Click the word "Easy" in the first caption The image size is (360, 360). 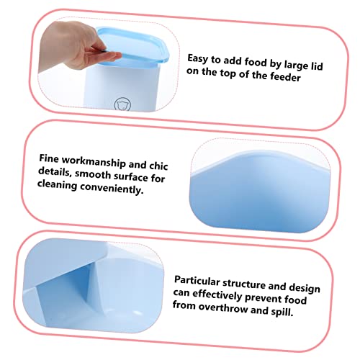point(198,58)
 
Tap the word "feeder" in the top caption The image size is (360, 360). point(286,76)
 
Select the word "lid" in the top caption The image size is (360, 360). point(317,66)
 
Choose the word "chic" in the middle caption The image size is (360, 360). point(158,166)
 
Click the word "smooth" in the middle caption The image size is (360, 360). point(93,174)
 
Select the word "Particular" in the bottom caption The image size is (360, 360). point(197,281)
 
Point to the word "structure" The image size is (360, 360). point(244,284)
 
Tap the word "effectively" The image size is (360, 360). point(217,295)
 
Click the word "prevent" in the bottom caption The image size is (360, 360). point(264,298)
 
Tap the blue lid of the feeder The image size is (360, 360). point(133,45)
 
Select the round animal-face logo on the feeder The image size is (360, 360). point(122,104)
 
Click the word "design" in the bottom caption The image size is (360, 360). point(305,288)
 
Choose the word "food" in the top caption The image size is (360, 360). point(256,63)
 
